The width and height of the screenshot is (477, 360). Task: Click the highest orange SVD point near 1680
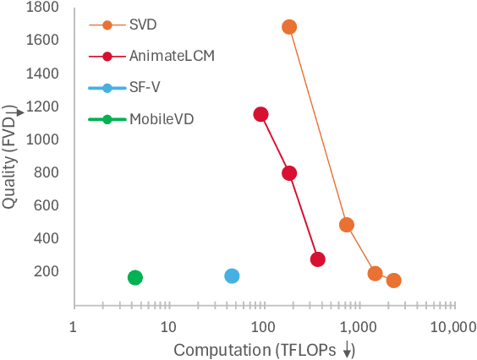[x=288, y=27]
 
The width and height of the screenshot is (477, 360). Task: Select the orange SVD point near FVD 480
[x=346, y=225]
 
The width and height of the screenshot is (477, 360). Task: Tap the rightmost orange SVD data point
[x=393, y=281]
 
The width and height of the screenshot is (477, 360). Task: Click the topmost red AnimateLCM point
[x=260, y=114]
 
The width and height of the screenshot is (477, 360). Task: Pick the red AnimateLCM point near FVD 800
[x=289, y=173]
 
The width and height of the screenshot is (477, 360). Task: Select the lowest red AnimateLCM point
[x=317, y=259]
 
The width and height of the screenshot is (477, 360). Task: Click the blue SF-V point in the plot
[x=232, y=276]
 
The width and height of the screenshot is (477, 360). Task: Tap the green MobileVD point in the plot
[x=134, y=278]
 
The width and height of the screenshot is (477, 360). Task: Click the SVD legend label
[x=143, y=25]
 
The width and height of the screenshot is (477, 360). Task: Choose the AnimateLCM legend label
[x=172, y=56]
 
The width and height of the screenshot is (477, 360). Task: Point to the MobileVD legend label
[x=162, y=119]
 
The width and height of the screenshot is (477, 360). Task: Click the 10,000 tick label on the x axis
[x=455, y=327]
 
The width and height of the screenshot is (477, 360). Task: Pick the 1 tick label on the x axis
[x=74, y=327]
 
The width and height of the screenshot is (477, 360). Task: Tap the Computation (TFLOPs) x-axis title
[x=264, y=349]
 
